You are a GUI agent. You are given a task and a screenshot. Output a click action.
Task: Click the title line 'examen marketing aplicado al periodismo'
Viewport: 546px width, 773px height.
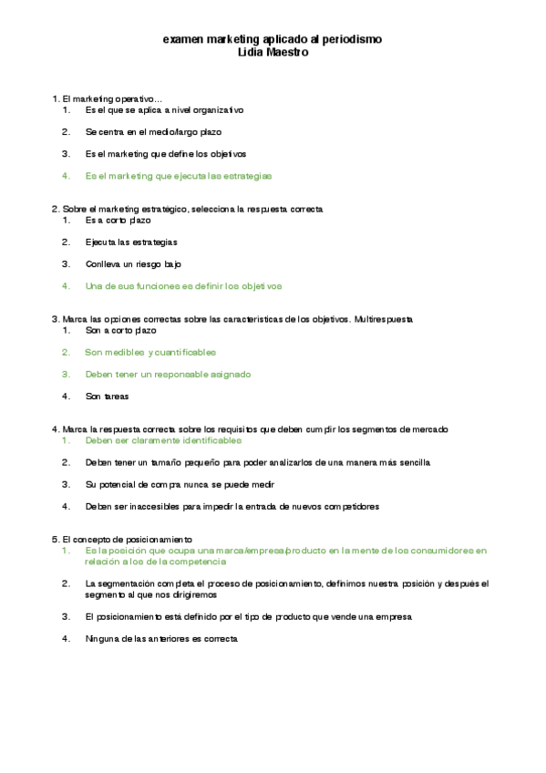272,40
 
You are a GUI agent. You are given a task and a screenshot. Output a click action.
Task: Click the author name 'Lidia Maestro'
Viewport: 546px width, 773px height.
272,52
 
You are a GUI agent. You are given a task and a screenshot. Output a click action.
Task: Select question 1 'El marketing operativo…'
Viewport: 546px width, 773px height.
108,98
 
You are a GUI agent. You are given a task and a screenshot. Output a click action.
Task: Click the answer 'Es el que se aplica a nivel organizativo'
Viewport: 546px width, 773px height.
164,109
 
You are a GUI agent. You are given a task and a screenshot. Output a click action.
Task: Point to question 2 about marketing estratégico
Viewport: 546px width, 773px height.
187,209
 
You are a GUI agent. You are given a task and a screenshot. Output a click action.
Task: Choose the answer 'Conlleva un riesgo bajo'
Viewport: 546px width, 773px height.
133,263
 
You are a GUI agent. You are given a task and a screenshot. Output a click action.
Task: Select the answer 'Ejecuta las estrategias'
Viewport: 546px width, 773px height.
131,242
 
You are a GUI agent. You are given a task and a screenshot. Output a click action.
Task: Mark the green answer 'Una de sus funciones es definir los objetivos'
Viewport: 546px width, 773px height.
183,285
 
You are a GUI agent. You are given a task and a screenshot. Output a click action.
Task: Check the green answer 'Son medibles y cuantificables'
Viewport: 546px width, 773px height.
150,352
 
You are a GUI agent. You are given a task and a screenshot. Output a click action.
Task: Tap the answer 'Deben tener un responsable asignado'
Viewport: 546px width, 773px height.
168,374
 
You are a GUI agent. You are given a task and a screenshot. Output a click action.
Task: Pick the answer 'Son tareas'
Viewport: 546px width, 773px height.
108,396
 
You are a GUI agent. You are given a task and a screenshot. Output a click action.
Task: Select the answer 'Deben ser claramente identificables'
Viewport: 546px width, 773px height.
164,440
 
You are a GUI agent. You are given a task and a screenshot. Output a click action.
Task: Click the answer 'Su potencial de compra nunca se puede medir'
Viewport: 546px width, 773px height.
180,484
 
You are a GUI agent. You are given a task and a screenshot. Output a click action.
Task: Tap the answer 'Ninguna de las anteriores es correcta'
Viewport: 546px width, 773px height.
161,639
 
